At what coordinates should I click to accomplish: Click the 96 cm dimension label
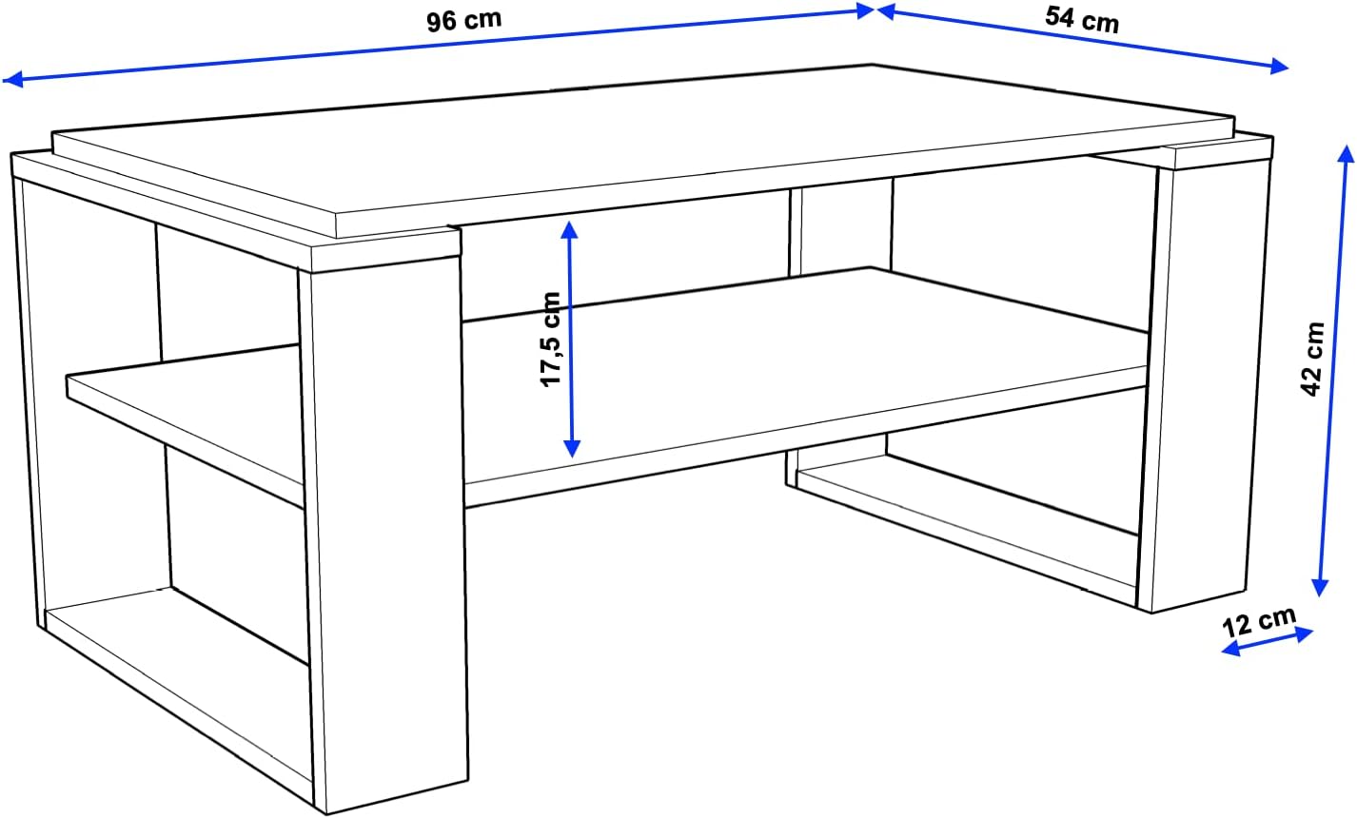click(x=463, y=20)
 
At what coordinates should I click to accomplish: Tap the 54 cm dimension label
click(x=1082, y=18)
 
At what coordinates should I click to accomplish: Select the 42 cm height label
click(x=1314, y=358)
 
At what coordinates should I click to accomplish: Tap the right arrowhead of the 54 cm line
click(x=1281, y=68)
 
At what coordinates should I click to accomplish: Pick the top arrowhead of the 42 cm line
click(x=1345, y=153)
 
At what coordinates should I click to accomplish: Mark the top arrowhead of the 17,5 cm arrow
click(x=569, y=228)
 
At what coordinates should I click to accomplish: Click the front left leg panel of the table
click(x=385, y=533)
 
